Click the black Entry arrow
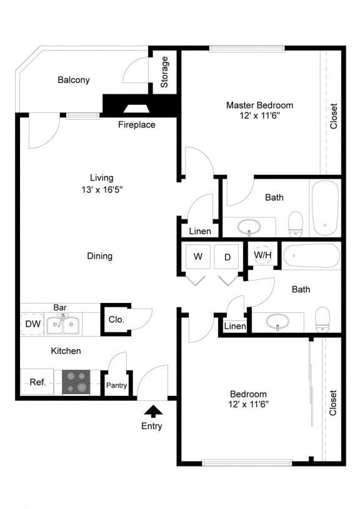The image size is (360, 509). coord(153,411)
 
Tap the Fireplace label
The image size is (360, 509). coord(136,125)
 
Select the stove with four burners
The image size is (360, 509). coord(76,382)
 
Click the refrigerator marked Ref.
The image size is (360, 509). coord(37,382)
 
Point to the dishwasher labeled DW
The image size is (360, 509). coord(32,324)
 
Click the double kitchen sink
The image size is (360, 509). coord(62,324)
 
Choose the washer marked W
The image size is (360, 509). coord(198,257)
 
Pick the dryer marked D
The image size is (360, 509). coord(226,257)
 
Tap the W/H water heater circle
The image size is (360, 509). coord(262,255)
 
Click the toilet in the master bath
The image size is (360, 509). coord(296,224)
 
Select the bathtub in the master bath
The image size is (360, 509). coord(325,208)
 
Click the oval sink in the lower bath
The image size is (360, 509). coord(277,322)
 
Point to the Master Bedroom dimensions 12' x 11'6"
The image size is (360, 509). coord(259,116)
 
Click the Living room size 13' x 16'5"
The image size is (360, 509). coord(102,189)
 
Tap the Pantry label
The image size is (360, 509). coord(116,385)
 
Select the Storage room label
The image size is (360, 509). coord(164,72)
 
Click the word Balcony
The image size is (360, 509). coord(73,80)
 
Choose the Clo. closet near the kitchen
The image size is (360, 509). coord(116,319)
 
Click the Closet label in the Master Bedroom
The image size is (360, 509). coord(334,116)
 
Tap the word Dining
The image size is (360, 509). coord(100,256)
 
